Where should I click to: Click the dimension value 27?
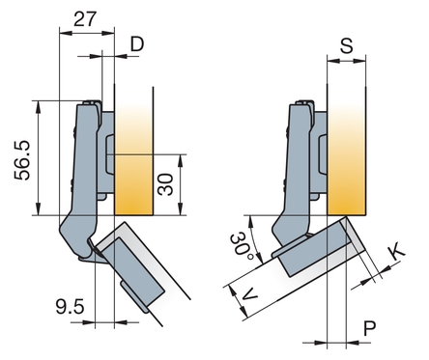coord(85,19)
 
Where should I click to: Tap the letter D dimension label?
coord(137,44)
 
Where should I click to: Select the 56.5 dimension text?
coord(22,160)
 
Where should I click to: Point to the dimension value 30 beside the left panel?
coord(165,184)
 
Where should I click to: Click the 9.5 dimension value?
coord(70,306)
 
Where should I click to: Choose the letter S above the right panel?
coord(347,45)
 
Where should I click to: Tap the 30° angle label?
coord(243,245)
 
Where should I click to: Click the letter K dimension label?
coord(396,252)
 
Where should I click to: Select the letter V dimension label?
coord(249,294)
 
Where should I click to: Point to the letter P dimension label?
coord(370,328)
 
